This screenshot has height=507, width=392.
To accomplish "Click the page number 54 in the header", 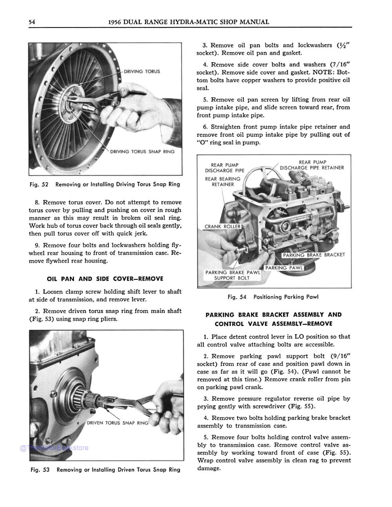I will tap(32, 22).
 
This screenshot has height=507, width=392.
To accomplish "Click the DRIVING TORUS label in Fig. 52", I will tap(142, 72).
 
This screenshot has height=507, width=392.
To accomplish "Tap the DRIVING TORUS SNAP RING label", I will tap(142, 152).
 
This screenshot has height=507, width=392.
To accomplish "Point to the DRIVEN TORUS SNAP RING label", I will tap(118, 423).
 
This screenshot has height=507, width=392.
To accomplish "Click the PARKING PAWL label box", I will tap(284, 268).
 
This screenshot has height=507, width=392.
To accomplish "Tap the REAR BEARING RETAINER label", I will tap(223, 182).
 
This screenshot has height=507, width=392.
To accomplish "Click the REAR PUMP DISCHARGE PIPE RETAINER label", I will tap(312, 165).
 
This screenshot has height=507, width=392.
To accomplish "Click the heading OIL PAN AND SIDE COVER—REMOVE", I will tap(105, 279).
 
